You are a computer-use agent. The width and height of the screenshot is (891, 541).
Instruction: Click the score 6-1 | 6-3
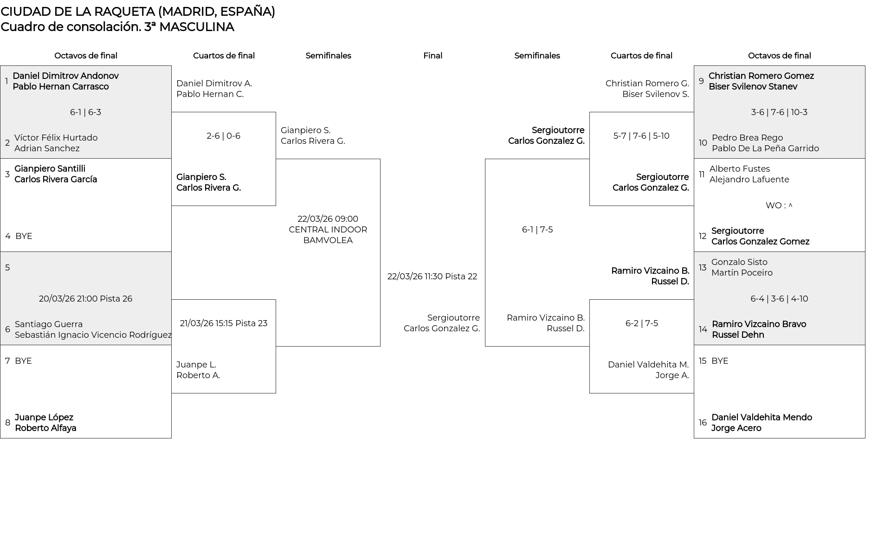[85, 112]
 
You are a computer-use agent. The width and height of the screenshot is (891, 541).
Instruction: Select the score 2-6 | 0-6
[223, 136]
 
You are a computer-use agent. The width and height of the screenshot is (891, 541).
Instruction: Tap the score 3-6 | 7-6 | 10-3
[779, 112]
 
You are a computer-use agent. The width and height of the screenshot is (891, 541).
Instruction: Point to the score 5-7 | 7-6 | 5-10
[641, 136]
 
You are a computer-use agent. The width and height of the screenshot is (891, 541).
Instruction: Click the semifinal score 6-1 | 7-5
[537, 230]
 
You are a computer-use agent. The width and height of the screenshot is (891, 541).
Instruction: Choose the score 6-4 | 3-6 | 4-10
[779, 299]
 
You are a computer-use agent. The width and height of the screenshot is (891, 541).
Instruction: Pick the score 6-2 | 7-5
[641, 323]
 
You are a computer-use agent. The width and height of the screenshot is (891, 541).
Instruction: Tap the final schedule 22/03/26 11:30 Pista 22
[432, 277]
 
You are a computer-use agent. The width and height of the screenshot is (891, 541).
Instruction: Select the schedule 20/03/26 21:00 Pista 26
[85, 299]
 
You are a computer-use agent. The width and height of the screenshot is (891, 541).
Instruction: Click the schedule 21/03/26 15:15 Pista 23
[223, 323]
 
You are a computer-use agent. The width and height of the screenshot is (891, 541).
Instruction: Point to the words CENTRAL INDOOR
[328, 230]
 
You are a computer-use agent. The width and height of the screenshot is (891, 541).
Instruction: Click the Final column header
[433, 56]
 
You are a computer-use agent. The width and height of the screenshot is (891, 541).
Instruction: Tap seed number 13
[702, 268]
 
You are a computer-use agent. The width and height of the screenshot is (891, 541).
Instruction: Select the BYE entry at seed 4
[24, 236]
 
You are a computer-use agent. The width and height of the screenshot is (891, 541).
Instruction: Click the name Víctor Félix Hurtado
[56, 138]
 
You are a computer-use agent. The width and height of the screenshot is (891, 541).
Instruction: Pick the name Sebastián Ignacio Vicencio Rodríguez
[93, 335]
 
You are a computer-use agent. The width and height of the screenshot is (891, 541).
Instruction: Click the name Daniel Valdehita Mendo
[762, 418]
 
